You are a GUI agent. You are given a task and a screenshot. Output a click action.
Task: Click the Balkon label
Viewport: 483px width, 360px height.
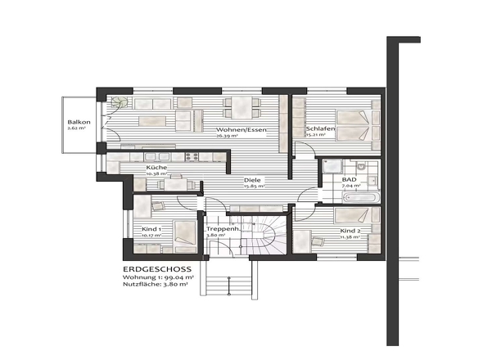pyautogui.click(x=78, y=122)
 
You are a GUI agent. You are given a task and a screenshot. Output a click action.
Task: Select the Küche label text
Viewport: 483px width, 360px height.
pyautogui.click(x=157, y=168)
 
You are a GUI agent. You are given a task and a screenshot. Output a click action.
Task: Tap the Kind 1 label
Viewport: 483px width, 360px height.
pyautogui.click(x=151, y=229)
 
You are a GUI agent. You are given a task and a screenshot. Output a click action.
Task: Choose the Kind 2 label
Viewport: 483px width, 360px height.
pyautogui.click(x=350, y=231)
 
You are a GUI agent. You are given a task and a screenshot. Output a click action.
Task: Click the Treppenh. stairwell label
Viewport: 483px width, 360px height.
pyautogui.click(x=221, y=229)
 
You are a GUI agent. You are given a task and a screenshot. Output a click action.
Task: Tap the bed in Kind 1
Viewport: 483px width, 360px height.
pyautogui.click(x=178, y=232)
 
